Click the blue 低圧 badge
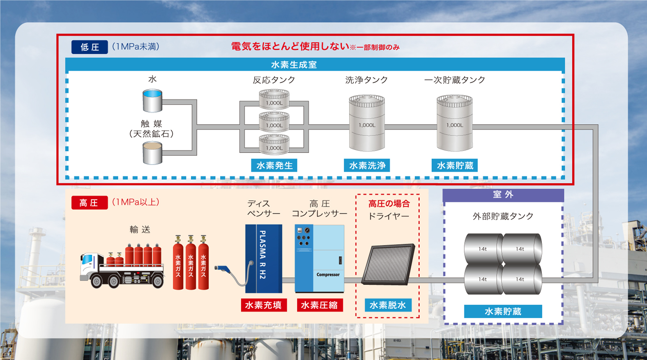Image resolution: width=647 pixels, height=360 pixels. pyautogui.click(x=90, y=47)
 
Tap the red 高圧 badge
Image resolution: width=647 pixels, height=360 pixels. pyautogui.click(x=90, y=203)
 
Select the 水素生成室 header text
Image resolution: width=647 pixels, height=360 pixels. pyautogui.click(x=294, y=65)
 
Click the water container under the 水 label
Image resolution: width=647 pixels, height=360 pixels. pyautogui.click(x=152, y=101)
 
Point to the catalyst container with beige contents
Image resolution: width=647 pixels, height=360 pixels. pyautogui.click(x=152, y=153)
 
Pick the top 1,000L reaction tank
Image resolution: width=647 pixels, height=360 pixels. pyautogui.click(x=274, y=99)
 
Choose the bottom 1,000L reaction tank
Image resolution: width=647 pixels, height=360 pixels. pyautogui.click(x=274, y=144)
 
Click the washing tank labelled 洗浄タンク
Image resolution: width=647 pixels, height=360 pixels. pyautogui.click(x=367, y=123)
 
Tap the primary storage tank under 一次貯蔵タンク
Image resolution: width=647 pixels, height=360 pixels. pyautogui.click(x=455, y=123)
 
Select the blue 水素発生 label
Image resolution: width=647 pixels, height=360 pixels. pyautogui.click(x=274, y=165)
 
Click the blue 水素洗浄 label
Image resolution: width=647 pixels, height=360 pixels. pyautogui.click(x=367, y=165)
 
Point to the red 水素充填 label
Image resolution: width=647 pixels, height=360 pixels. pyautogui.click(x=264, y=305)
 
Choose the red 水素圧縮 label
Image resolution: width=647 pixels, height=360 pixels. pyautogui.click(x=320, y=305)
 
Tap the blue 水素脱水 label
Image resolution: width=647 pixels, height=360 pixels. pyautogui.click(x=388, y=305)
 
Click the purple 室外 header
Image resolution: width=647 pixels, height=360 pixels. pyautogui.click(x=503, y=195)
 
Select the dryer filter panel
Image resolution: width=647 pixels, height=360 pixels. pyautogui.click(x=389, y=264)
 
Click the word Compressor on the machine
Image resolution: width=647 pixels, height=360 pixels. pyautogui.click(x=328, y=275)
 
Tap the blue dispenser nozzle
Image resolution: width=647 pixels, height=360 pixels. pyautogui.click(x=222, y=269)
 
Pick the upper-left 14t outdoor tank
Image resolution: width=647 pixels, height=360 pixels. pyautogui.click(x=483, y=249)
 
